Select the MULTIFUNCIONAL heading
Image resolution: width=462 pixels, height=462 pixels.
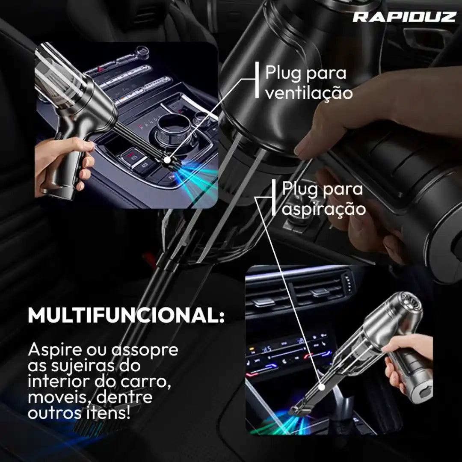(126, 315)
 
